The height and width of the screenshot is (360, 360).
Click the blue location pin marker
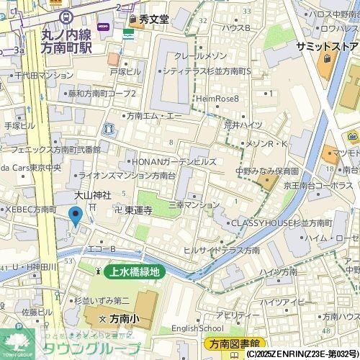click(75, 215)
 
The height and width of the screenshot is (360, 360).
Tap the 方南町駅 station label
click(67, 48)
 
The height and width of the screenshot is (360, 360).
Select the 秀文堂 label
click(154, 19)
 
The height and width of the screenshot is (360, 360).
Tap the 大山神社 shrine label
click(93, 195)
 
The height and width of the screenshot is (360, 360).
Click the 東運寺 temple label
click(138, 210)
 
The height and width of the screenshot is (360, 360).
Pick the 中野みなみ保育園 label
click(267, 172)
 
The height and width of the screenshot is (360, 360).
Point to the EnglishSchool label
click(197, 329)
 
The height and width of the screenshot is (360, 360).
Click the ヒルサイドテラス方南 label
click(221, 250)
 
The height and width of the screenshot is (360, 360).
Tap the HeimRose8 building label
click(217, 98)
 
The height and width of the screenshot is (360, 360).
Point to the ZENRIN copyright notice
click(302, 354)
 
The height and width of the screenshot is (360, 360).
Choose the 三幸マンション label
click(194, 205)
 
